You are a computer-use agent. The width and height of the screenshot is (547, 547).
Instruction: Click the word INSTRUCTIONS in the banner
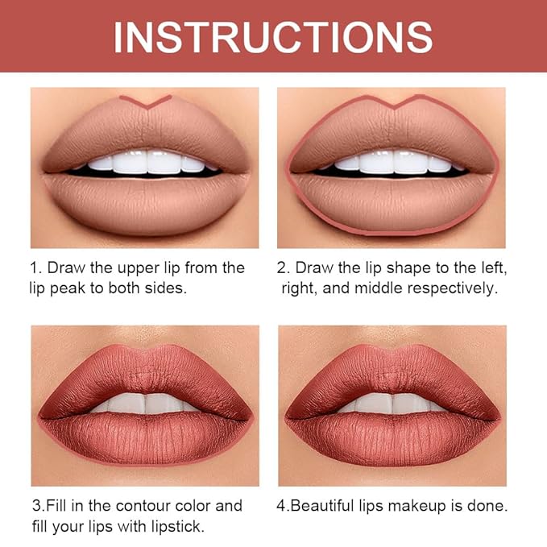point(273,36)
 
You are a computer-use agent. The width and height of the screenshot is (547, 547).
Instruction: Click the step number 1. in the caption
point(37,267)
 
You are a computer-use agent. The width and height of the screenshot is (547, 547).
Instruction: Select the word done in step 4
point(489,507)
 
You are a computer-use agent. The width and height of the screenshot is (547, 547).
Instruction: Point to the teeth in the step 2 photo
point(392,163)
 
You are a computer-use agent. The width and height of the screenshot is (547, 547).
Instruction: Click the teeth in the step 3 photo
point(145,402)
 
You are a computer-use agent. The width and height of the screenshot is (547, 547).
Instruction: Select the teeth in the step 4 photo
point(392,402)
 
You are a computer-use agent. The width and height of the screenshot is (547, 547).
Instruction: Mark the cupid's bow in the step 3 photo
point(145,353)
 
